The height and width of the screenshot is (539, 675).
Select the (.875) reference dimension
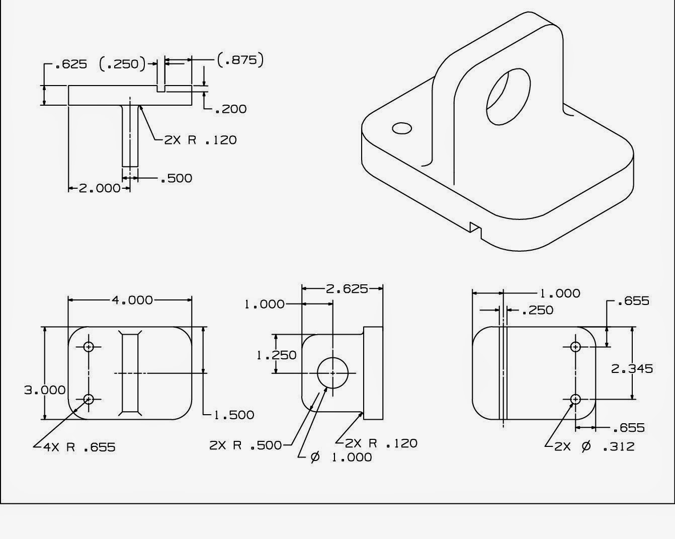tap(240, 60)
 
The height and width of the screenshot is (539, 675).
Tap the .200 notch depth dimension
tap(230, 109)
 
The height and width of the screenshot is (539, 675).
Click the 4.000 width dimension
tap(132, 300)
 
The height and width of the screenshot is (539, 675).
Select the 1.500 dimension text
tap(234, 415)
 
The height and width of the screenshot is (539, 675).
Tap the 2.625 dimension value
tap(347, 289)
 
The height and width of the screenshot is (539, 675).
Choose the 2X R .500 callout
tap(245, 445)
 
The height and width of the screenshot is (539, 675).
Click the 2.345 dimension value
tap(632, 369)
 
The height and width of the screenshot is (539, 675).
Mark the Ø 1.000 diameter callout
tap(342, 457)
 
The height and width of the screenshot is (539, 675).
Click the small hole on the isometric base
tap(402, 128)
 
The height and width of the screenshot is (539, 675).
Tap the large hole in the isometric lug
tap(508, 97)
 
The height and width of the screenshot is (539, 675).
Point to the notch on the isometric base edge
tap(475, 229)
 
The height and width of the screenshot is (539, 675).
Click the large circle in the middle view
tap(332, 373)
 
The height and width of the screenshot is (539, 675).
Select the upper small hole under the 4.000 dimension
tap(89, 347)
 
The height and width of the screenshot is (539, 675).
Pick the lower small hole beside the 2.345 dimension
tap(576, 400)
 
